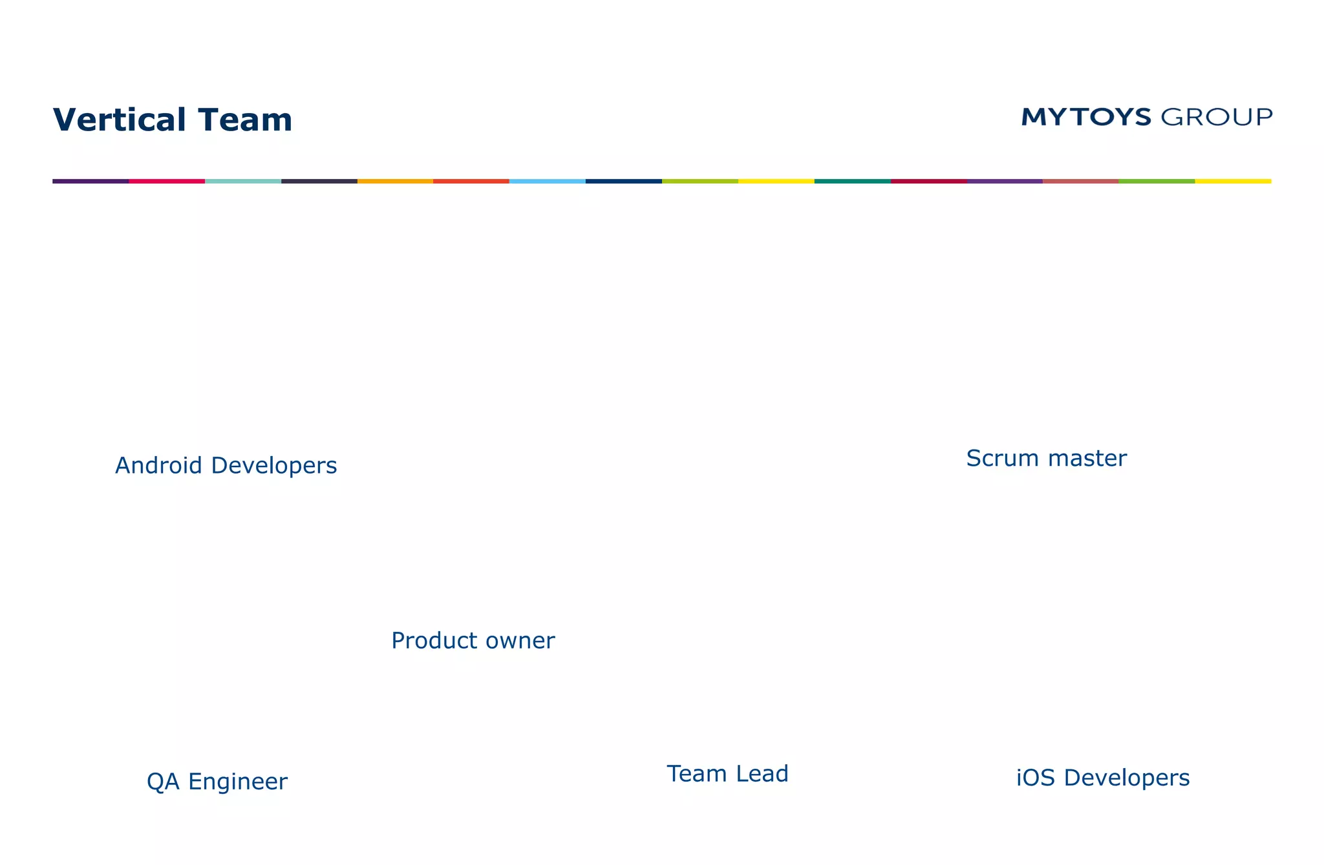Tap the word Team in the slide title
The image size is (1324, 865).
click(x=245, y=120)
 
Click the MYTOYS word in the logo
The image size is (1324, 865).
click(x=1086, y=117)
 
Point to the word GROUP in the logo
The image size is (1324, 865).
click(x=1217, y=117)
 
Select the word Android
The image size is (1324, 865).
click(x=159, y=465)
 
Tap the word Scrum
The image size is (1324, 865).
click(x=1003, y=458)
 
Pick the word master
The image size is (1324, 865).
click(x=1087, y=458)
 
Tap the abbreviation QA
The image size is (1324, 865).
click(x=163, y=782)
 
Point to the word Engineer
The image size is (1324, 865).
click(x=238, y=782)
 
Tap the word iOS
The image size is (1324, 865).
click(x=1036, y=777)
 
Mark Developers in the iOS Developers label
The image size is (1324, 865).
click(x=1126, y=778)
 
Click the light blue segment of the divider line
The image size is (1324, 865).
click(x=547, y=182)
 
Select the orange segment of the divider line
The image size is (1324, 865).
click(x=395, y=182)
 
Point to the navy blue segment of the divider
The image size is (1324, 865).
click(x=623, y=182)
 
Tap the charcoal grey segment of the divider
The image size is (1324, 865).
click(x=319, y=182)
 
